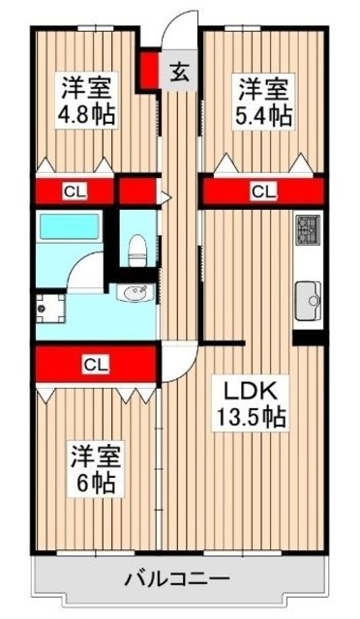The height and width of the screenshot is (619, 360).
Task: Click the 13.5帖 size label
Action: coord(250,418)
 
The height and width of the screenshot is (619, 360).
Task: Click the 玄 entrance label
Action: coord(179,72)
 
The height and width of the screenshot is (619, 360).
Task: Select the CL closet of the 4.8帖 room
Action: coord(74,191)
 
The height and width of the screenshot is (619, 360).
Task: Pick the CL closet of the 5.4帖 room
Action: coord(261,192)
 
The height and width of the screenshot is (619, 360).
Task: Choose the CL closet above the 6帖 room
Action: coord(93,365)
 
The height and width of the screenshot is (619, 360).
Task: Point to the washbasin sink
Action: coord(135,292)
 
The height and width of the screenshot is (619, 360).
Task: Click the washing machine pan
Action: coord(47,307)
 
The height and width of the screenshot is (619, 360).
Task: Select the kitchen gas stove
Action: coord(307,230)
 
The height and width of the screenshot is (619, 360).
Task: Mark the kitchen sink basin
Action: coord(308,294)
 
